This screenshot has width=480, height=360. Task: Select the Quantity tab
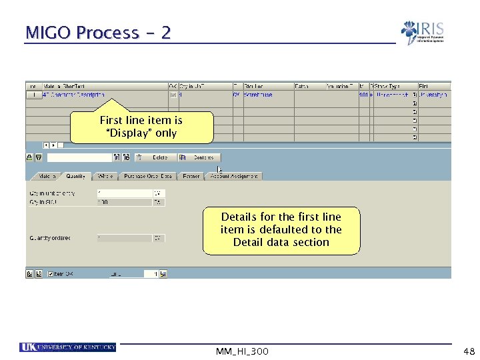[75, 176]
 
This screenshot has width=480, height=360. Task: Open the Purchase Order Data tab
[147, 176]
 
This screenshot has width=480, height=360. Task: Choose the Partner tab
[191, 176]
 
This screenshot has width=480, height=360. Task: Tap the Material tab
[46, 176]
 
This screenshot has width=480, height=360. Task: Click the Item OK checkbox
[49, 273]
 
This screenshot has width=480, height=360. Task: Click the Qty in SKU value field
[125, 201]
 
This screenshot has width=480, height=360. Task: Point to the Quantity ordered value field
[125, 237]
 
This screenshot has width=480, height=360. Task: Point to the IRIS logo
[423, 32]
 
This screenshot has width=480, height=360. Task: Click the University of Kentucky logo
[68, 347]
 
